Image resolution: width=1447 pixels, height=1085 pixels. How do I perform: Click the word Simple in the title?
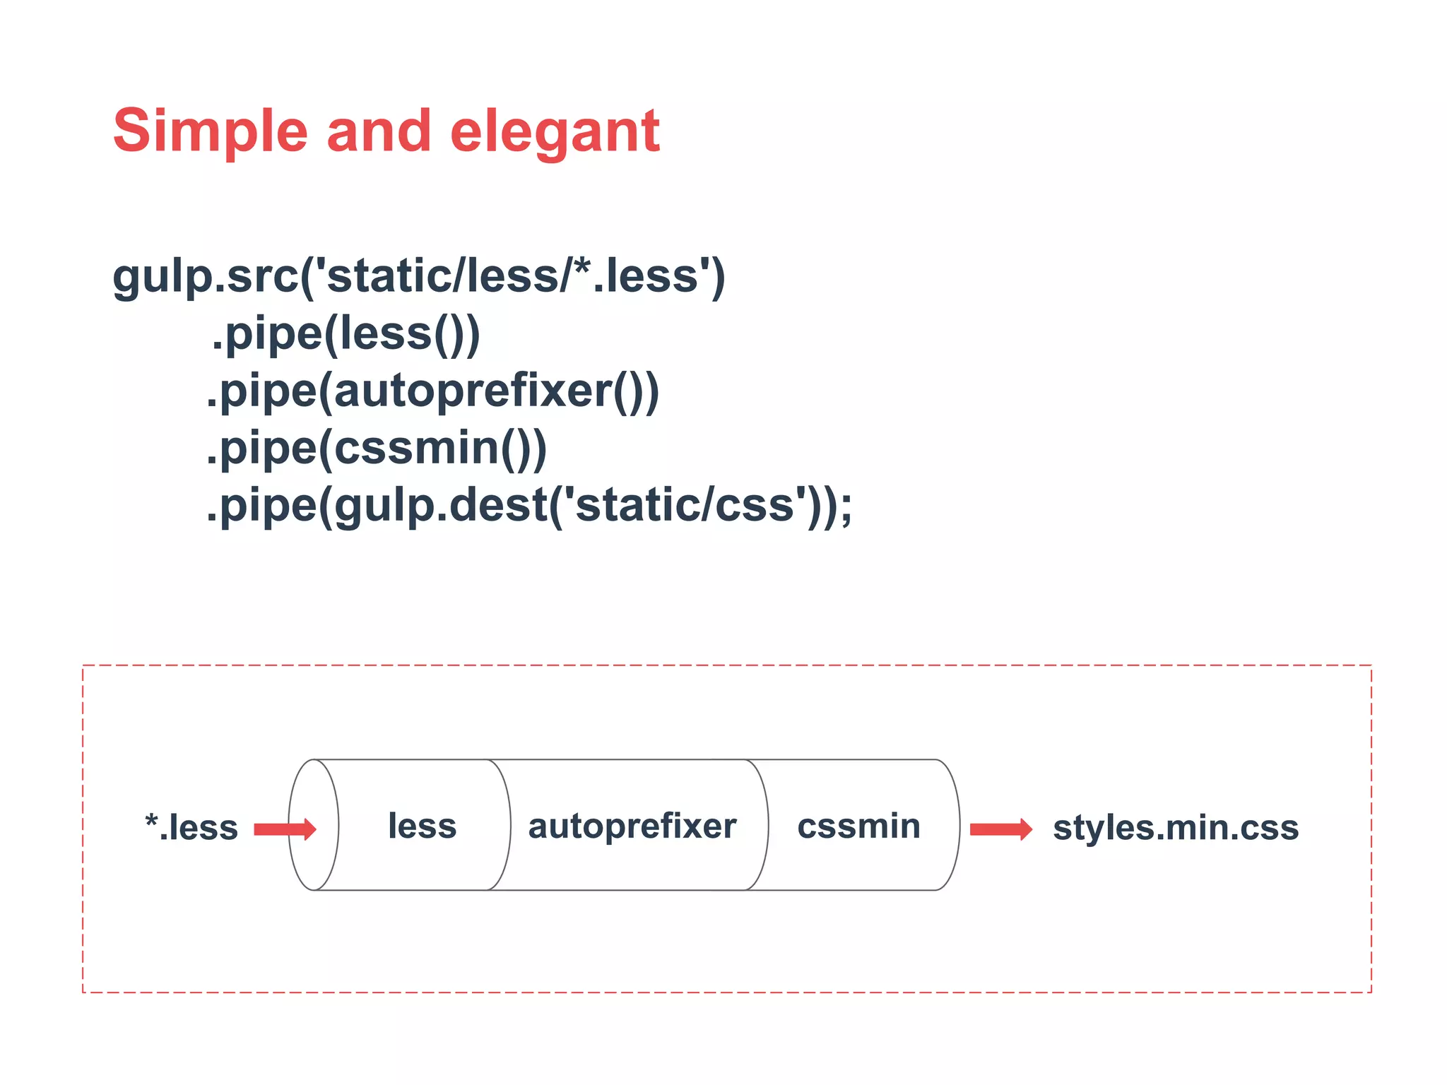pos(210,131)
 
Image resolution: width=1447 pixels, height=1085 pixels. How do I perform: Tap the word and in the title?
pos(379,131)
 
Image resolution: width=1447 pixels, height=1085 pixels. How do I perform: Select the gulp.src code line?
pos(418,276)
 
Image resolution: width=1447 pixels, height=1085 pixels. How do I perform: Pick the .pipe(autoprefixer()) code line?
pos(432,391)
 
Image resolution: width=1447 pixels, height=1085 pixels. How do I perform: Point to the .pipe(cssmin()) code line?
pos(377,449)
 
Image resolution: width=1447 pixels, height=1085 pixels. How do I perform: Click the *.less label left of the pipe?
pos(191,827)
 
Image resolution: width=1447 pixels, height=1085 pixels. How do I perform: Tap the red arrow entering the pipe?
pos(284,829)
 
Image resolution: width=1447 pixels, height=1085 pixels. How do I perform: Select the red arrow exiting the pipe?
pos(1000,829)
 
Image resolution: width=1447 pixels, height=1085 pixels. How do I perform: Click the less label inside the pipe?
pos(423,826)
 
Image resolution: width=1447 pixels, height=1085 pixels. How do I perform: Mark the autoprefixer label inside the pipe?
pos(632,826)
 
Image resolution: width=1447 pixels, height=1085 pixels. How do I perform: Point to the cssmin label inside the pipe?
pos(858,826)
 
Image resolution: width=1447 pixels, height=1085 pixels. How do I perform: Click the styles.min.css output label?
pos(1176,827)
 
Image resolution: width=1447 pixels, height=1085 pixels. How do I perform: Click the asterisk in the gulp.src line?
pos(581,267)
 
